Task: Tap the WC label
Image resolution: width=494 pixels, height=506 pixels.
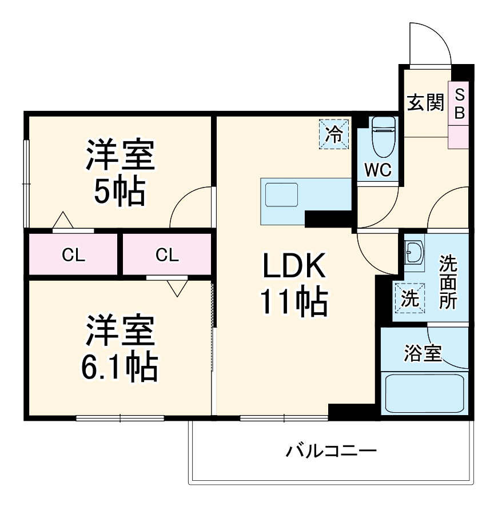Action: point(378,170)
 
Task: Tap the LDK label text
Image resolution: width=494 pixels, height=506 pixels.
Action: point(294,266)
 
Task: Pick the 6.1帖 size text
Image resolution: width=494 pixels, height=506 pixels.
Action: point(119,368)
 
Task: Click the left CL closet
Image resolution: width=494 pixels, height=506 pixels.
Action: point(73,255)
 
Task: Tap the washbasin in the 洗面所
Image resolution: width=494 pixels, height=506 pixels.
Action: point(413,252)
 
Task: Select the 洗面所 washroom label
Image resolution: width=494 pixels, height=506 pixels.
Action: point(448,282)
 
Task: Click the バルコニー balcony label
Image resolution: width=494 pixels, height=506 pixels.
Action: point(332,452)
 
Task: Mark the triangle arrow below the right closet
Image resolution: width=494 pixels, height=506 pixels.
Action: point(177,287)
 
